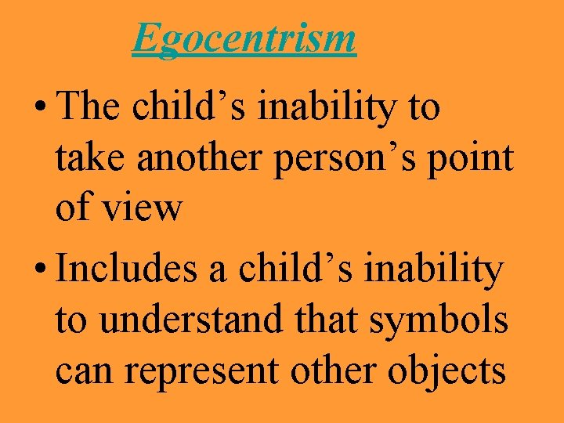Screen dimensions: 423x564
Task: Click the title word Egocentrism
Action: tap(244, 38)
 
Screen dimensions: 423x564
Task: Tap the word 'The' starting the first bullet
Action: tap(90, 107)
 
